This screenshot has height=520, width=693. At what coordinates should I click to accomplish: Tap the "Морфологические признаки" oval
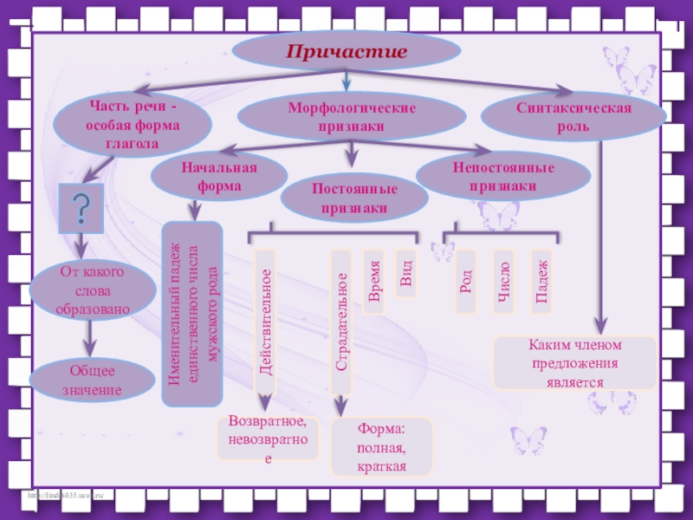coord(352,118)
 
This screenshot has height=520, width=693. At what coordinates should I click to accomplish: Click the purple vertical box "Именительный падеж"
coord(192,315)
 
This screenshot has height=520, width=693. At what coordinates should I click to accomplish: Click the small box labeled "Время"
coord(374,282)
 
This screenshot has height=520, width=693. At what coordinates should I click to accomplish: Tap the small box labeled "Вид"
coord(405,274)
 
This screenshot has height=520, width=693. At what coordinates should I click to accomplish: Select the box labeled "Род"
coord(466,282)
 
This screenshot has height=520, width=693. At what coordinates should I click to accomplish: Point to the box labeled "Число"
coord(503,282)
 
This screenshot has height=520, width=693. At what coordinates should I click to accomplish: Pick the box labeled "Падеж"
coord(541,282)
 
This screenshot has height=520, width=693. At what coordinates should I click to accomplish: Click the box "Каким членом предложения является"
coord(574,363)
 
